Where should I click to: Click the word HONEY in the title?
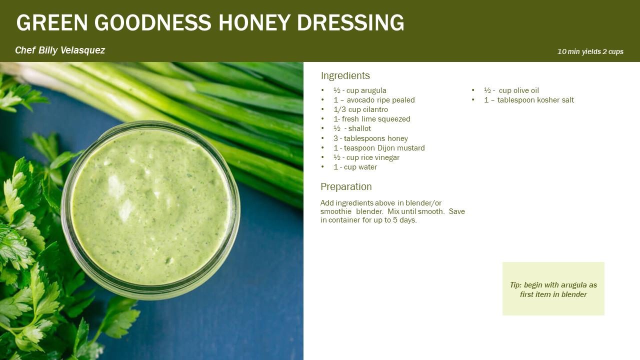[x=254, y=22]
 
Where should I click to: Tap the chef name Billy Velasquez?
[x=71, y=50]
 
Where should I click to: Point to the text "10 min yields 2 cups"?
[x=590, y=51]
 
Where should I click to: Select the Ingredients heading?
[x=345, y=75]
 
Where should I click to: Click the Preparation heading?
[x=346, y=186]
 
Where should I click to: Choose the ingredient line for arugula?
[x=359, y=90]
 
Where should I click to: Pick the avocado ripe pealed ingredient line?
[x=374, y=100]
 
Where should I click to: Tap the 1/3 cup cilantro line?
[x=360, y=109]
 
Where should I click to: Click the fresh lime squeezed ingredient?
[x=371, y=119]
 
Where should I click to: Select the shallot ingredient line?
[x=352, y=128]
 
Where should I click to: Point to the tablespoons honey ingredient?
[x=370, y=138]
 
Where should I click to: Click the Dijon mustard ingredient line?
[x=379, y=148]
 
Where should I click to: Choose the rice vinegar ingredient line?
[x=366, y=157]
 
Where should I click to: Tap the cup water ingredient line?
[x=355, y=167]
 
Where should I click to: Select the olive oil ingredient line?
[x=511, y=90]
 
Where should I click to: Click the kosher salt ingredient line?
[x=529, y=100]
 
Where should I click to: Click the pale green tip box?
[x=553, y=288]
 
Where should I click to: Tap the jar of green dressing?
[x=150, y=210]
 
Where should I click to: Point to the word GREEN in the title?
[x=52, y=22]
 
